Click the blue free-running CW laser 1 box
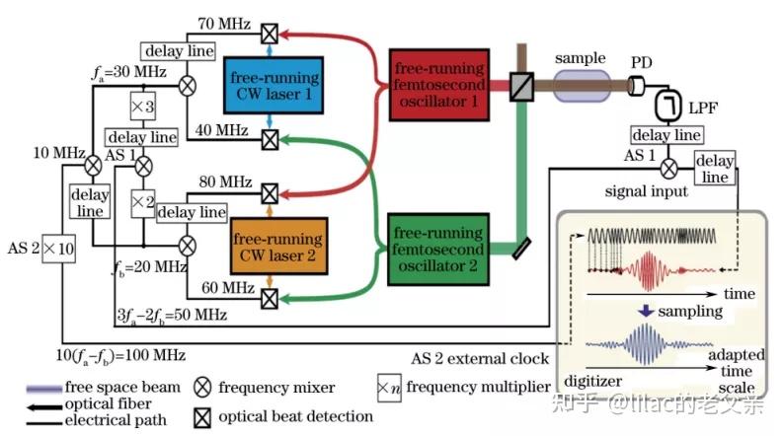274,86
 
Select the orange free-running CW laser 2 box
279,246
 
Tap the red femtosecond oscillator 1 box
439,85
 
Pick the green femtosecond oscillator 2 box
438,250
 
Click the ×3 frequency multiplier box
143,106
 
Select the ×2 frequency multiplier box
143,203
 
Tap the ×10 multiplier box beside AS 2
58,249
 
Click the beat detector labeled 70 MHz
270,34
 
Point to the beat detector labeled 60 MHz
270,299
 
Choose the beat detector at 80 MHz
270,193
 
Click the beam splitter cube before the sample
521,87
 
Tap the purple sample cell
582,86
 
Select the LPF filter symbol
668,106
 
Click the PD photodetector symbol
636,86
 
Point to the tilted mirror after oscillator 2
521,249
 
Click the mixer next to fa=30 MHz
188,86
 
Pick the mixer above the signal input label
669,169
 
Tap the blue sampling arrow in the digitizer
646,311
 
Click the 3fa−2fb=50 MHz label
172,316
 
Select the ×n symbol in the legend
389,388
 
